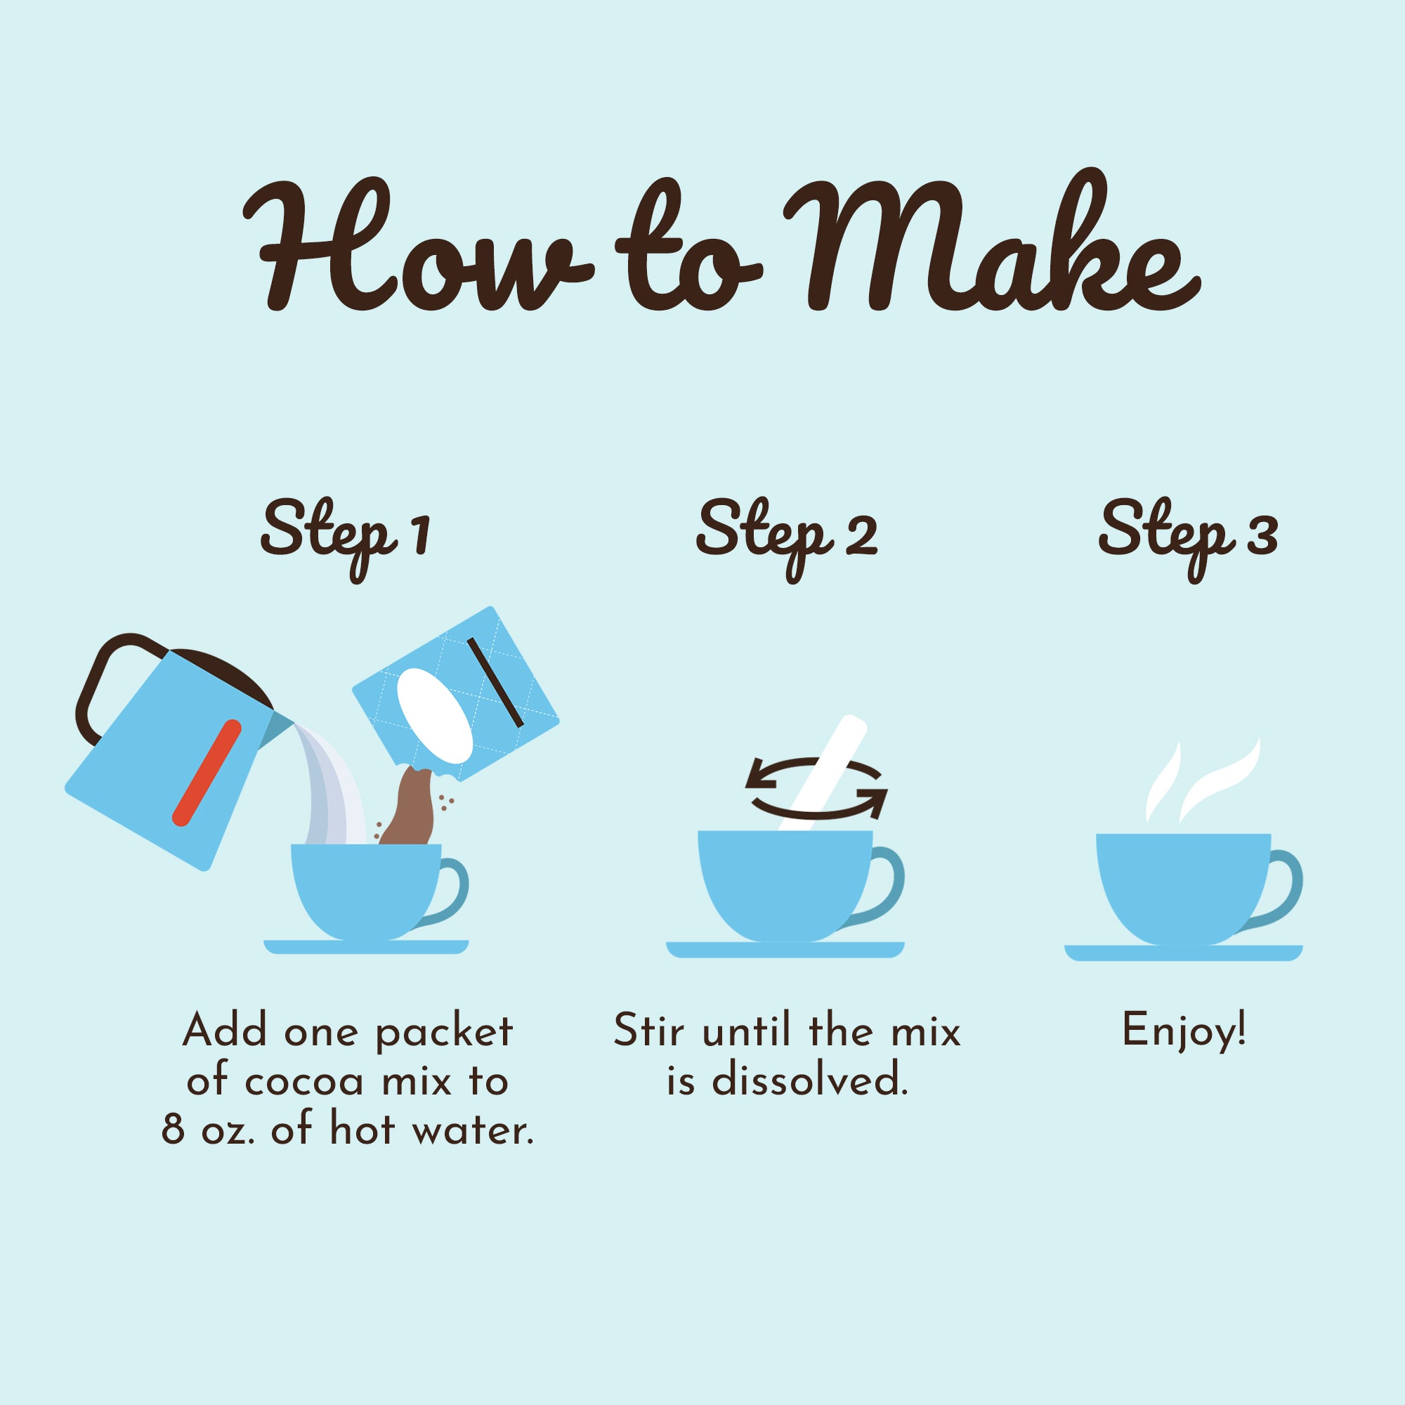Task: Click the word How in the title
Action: coord(417,244)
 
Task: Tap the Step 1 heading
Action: coord(346,539)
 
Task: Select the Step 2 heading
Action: coord(786,539)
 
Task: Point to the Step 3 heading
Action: coord(1187,539)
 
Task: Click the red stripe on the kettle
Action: coord(207,773)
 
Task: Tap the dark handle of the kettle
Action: coord(109,680)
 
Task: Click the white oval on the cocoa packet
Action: coord(435,716)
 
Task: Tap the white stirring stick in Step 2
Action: coord(822,773)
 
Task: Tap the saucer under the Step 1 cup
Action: coord(366,947)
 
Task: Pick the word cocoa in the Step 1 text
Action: coord(303,1082)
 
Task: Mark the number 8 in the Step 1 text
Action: coord(173,1130)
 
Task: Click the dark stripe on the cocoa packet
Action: coord(495,682)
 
